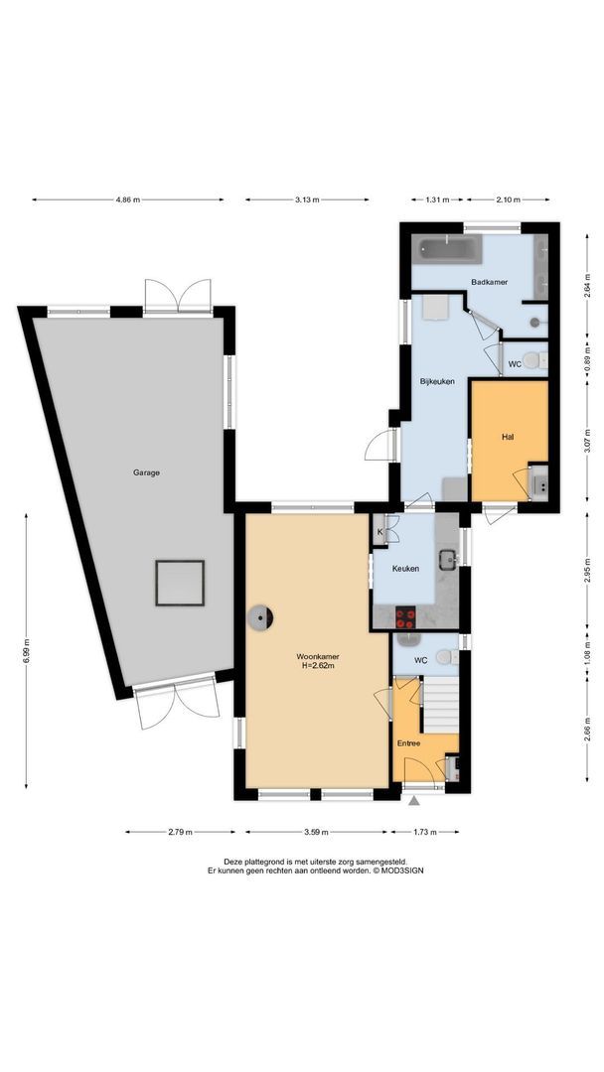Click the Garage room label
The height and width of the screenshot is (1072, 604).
click(x=146, y=472)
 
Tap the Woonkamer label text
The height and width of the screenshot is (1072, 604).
click(x=315, y=657)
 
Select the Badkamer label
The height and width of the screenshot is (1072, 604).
click(x=490, y=282)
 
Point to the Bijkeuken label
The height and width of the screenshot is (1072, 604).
click(x=437, y=380)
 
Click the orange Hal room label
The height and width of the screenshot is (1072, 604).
click(x=508, y=436)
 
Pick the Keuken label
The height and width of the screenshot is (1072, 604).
click(x=405, y=569)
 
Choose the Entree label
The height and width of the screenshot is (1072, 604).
click(x=409, y=742)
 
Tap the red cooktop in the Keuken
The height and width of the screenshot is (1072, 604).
click(x=405, y=618)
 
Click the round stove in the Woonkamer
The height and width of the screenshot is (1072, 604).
click(x=261, y=617)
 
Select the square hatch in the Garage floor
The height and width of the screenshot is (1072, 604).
click(x=179, y=583)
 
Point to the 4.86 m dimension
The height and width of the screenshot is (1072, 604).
click(x=128, y=201)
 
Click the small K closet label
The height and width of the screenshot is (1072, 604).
click(x=379, y=532)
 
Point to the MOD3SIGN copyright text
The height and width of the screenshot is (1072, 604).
click(x=378, y=870)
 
